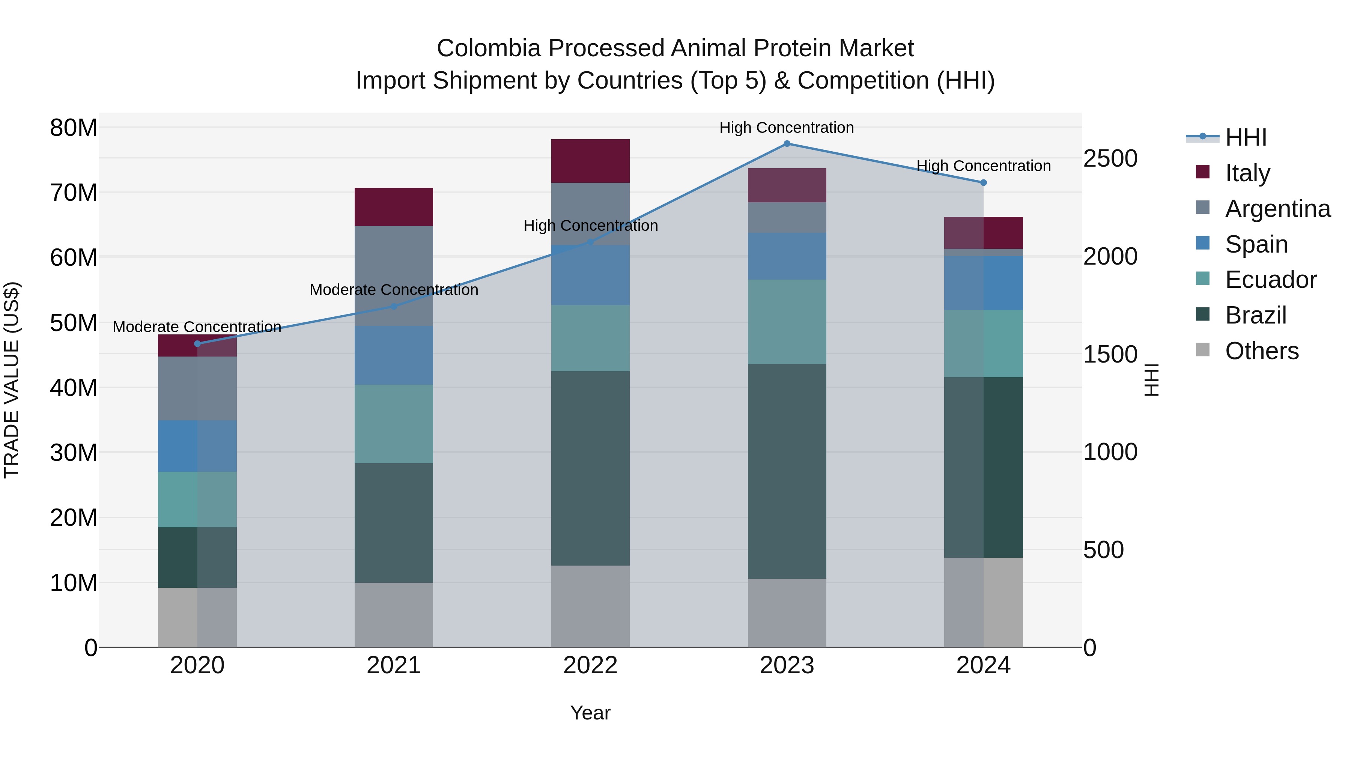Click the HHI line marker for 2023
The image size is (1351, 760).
click(x=787, y=143)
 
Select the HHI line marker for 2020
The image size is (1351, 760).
click(x=197, y=343)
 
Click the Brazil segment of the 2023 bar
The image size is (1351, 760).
click(x=787, y=471)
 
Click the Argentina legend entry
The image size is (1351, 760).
click(x=1277, y=208)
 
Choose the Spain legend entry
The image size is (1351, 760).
click(x=1256, y=244)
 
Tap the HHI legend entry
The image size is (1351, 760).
click(x=1246, y=137)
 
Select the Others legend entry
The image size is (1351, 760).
click(x=1261, y=351)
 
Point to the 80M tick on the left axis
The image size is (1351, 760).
click(x=74, y=128)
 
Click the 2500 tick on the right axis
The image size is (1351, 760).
click(x=1110, y=158)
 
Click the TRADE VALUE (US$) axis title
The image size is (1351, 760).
click(x=12, y=380)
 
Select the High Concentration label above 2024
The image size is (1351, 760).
click(x=983, y=166)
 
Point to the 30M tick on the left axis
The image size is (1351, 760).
click(x=74, y=453)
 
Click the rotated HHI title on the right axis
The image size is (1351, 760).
click(x=1152, y=380)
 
